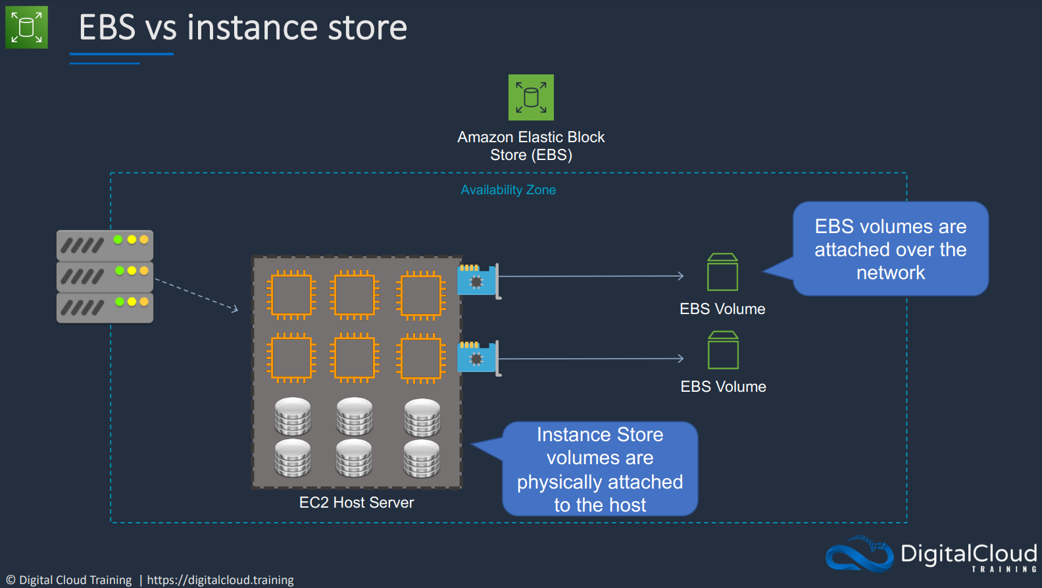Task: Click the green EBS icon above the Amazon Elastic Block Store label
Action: pyautogui.click(x=531, y=97)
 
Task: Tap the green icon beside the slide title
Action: pyautogui.click(x=26, y=28)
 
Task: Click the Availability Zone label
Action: pyautogui.click(x=508, y=190)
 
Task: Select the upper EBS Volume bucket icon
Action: pyautogui.click(x=722, y=272)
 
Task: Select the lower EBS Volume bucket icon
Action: pyautogui.click(x=723, y=350)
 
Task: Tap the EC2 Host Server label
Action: pyautogui.click(x=357, y=503)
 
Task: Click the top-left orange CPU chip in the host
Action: pyautogui.click(x=291, y=295)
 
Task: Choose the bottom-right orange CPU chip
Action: pyautogui.click(x=421, y=358)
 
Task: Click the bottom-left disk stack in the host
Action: pyautogui.click(x=293, y=458)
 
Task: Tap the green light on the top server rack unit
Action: pyautogui.click(x=118, y=240)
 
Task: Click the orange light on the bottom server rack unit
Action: pyautogui.click(x=144, y=302)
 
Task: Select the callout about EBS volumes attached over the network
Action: pyautogui.click(x=890, y=249)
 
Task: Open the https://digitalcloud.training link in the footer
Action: pyautogui.click(x=220, y=580)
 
